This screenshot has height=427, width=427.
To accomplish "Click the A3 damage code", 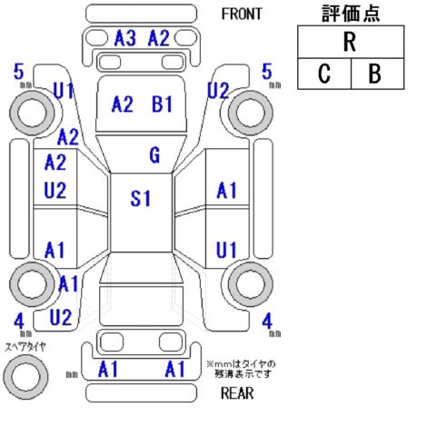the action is tap(124, 38).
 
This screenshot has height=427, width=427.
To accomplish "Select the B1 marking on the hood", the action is tap(162, 104).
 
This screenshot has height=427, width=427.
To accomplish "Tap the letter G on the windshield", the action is tap(154, 155).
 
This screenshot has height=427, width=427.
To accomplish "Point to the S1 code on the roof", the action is tap(140, 199).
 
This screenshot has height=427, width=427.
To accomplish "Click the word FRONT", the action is tap(242, 14).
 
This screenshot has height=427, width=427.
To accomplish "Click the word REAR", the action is tap(237, 393).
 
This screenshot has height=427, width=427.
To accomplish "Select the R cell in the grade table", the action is tap(351, 42).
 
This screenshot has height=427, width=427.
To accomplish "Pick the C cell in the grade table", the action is tap(324, 74).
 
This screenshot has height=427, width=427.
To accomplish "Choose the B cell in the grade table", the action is tap(377, 74).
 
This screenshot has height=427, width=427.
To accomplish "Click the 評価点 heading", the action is tap(351, 14).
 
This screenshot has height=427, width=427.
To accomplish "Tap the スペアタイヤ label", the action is tap(25, 347).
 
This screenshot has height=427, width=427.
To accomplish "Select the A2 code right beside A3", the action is tap(158, 38).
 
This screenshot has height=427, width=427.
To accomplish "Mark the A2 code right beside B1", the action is tap(122, 104).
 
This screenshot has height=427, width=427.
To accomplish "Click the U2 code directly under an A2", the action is tap(55, 191).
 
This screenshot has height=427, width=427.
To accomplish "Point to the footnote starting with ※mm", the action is tap(241, 369).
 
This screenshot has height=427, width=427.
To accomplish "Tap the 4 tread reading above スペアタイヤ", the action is tap(19, 321).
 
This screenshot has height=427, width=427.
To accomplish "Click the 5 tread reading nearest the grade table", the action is tap(267, 72).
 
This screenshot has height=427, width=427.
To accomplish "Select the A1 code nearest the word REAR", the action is tap(174, 369).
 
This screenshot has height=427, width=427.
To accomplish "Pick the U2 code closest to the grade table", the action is tap(218, 90).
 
